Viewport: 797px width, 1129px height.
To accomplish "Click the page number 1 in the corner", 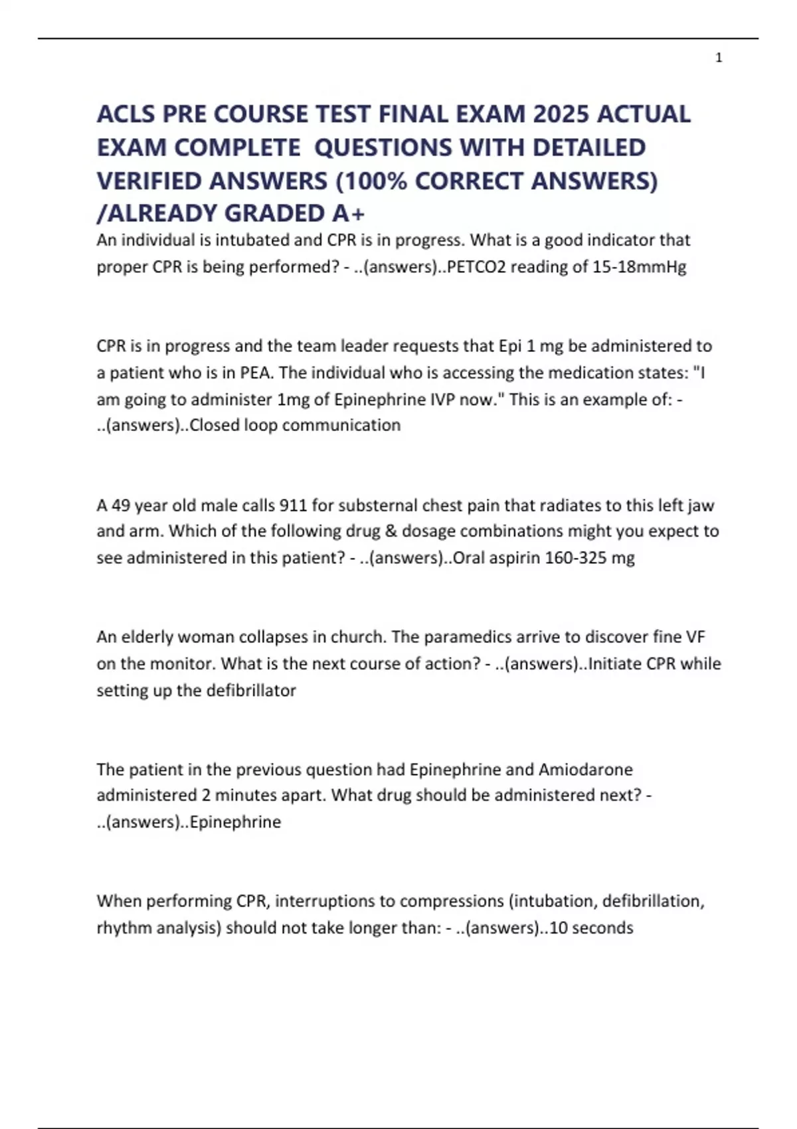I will pyautogui.click(x=719, y=58).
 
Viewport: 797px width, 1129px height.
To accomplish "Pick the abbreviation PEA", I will pyautogui.click(x=255, y=373).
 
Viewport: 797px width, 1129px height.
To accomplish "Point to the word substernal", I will pyautogui.click(x=380, y=505).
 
